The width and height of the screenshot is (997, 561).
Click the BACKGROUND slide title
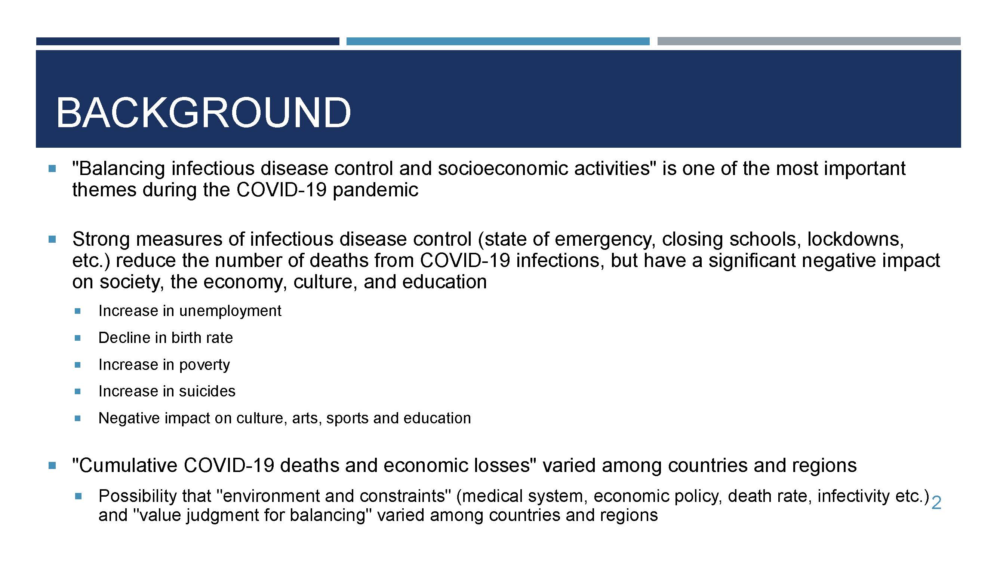[204, 113]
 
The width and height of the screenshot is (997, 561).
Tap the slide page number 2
[936, 503]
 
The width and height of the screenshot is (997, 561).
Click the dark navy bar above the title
[188, 41]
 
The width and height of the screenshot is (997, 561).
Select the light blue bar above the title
[498, 41]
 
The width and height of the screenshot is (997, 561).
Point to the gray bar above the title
[809, 41]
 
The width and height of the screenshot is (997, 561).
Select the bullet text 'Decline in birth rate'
[166, 338]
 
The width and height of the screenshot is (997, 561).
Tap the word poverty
[204, 365]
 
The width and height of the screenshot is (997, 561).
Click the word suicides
[207, 392]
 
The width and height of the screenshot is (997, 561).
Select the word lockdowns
[855, 239]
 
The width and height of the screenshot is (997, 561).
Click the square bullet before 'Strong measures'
[52, 240]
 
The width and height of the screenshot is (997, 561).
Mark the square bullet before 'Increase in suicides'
[77, 392]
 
